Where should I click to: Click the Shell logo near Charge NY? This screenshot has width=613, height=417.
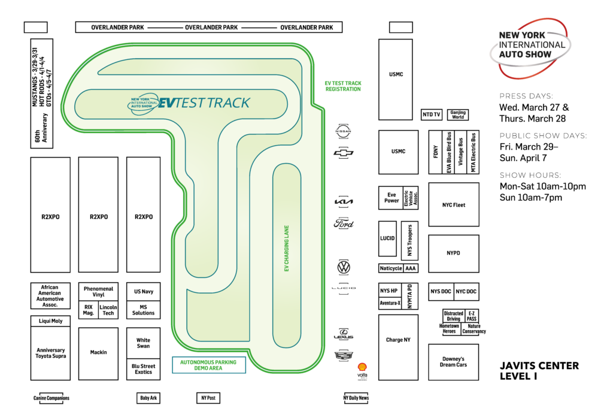click(362, 366)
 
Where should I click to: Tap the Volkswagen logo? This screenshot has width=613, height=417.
click(344, 267)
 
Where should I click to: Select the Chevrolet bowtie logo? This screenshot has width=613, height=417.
click(344, 153)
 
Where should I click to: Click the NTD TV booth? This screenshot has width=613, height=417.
click(431, 114)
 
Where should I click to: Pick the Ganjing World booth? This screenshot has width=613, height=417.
click(458, 114)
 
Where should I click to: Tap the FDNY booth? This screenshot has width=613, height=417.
click(436, 152)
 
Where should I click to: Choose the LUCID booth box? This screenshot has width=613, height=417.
click(387, 238)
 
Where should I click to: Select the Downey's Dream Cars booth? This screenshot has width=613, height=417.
click(453, 362)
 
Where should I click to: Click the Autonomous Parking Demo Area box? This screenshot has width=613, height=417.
click(208, 365)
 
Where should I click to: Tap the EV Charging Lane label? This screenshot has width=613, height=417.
click(287, 249)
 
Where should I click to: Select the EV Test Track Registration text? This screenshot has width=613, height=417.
click(343, 86)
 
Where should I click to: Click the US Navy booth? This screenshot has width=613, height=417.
click(143, 292)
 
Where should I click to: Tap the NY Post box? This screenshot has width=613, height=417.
click(209, 398)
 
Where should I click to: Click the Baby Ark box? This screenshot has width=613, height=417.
click(148, 398)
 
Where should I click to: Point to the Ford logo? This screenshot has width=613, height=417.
click(344, 224)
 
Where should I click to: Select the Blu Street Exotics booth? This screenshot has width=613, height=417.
click(143, 368)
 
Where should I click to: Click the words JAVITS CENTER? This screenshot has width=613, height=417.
click(539, 365)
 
